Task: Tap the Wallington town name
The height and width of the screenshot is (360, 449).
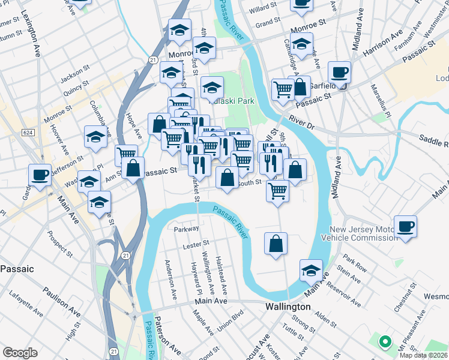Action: [288, 307]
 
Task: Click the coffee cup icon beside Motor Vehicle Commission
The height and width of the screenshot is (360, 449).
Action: [405, 227]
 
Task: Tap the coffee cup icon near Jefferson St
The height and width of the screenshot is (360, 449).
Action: [40, 176]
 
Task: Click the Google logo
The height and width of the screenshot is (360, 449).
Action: [20, 353]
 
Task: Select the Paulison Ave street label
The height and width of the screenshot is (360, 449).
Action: [61, 302]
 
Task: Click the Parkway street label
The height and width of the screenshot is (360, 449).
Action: [186, 229]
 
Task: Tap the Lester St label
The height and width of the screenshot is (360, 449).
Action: [196, 244]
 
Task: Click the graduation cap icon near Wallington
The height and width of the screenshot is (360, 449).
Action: [311, 271]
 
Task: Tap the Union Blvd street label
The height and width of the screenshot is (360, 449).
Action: [231, 322]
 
